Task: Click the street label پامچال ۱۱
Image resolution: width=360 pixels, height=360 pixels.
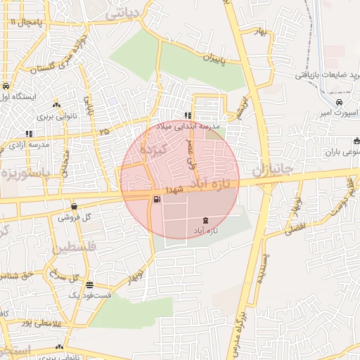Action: [27, 22]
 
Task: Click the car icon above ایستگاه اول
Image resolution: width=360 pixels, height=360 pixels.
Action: [6, 86]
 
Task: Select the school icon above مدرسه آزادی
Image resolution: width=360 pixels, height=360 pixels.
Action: [29, 134]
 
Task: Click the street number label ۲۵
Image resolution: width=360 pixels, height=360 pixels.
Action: [105, 131]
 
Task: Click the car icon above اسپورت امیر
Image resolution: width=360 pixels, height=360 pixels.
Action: [340, 102]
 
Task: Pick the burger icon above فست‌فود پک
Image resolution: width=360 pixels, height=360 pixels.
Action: [89, 285]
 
